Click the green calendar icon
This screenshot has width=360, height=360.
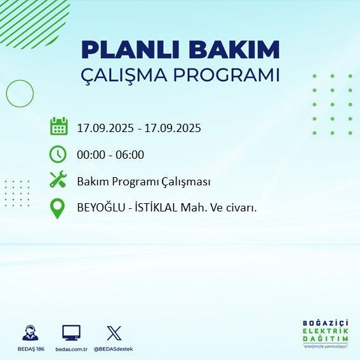tap(58, 127)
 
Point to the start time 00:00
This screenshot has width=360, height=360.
tap(91, 155)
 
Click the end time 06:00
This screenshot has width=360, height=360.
tap(130, 155)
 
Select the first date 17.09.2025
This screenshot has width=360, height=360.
tap(105, 128)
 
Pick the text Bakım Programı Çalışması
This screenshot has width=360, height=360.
tap(143, 182)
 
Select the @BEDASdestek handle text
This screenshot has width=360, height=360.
tap(114, 349)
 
